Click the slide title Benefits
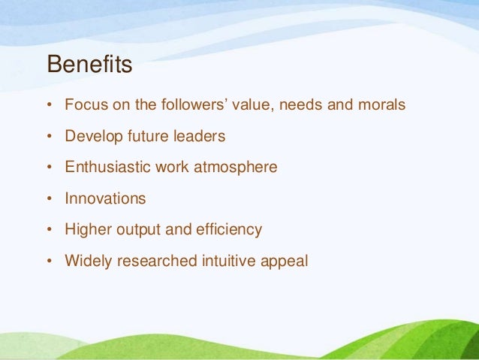click(x=89, y=65)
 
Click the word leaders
click(x=198, y=136)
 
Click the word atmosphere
click(x=236, y=168)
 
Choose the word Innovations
click(x=105, y=198)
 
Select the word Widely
click(x=87, y=262)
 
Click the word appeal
click(x=285, y=262)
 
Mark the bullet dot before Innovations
click(x=50, y=199)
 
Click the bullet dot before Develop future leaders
click(x=50, y=137)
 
